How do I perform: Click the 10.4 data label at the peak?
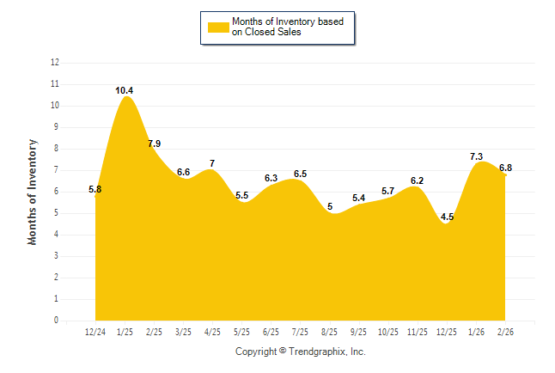tap(125, 90)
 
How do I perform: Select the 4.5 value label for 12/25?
tap(447, 217)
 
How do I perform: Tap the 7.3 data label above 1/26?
tap(476, 156)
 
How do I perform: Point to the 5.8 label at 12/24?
tap(95, 189)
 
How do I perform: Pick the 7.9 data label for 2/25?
tap(154, 144)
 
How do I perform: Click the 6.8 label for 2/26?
tap(505, 168)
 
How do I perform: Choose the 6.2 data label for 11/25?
tap(418, 180)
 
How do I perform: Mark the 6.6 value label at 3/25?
tap(183, 172)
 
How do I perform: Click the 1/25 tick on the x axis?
tap(125, 333)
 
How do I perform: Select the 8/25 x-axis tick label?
tap(329, 333)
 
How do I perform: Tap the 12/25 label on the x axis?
tap(447, 333)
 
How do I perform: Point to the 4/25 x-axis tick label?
tap(212, 333)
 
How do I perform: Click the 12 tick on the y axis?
tap(55, 63)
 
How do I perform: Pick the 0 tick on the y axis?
tap(57, 321)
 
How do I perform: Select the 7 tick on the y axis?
tap(57, 170)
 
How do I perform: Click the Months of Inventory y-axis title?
tap(33, 192)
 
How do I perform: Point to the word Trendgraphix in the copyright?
tap(317, 352)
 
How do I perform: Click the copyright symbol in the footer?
tap(283, 352)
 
